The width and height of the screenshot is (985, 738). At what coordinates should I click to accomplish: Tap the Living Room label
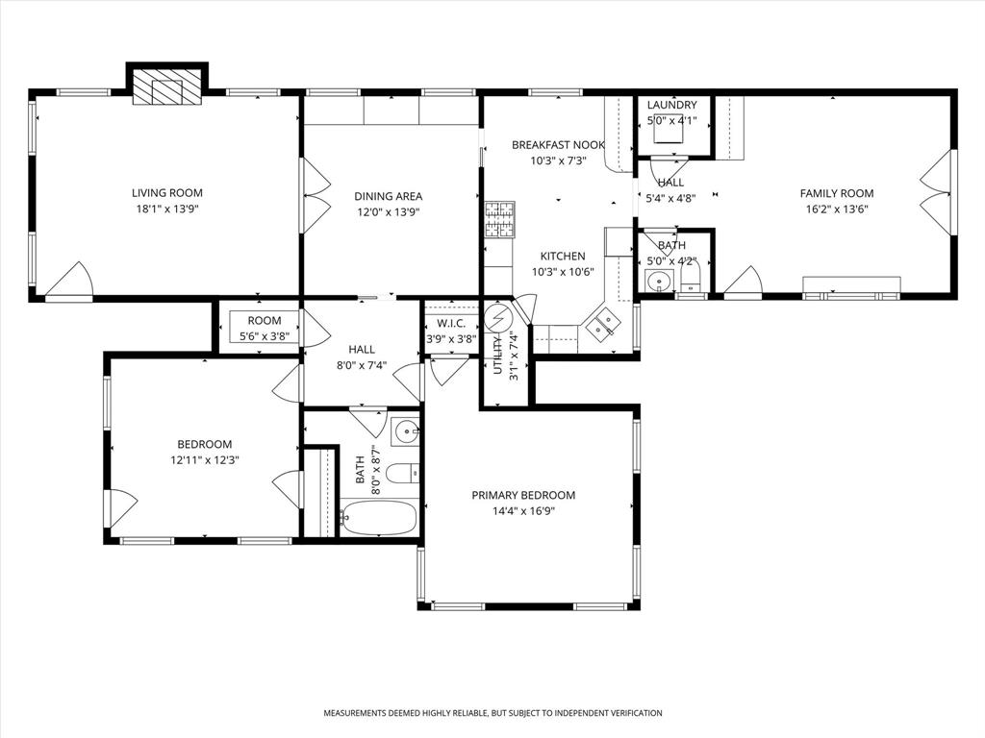(167, 192)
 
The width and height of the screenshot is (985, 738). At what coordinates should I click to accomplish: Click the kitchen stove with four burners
(499, 219)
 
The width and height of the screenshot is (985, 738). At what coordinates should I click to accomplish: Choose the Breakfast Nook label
(558, 145)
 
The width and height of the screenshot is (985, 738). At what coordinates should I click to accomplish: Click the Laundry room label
(671, 105)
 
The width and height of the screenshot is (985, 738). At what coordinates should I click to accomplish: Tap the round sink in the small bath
(659, 282)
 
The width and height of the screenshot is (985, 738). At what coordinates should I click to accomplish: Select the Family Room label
(837, 193)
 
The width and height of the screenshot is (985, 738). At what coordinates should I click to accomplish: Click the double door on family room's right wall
(932, 192)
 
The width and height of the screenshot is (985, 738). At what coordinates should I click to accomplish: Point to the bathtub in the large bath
(379, 519)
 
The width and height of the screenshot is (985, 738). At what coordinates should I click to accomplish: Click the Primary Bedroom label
(523, 495)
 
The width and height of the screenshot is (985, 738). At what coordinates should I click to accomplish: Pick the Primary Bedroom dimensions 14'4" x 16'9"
(523, 511)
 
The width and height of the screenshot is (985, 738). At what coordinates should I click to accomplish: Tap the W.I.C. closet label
(451, 323)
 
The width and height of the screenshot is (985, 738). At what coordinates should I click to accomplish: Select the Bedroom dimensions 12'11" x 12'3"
(204, 460)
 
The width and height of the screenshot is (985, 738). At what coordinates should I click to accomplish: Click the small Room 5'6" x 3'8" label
(264, 321)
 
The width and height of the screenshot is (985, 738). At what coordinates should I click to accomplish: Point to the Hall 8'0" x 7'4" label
(362, 350)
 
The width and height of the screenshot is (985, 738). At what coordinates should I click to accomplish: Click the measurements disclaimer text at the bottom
(492, 713)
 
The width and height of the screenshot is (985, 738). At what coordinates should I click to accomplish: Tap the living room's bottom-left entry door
(69, 281)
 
